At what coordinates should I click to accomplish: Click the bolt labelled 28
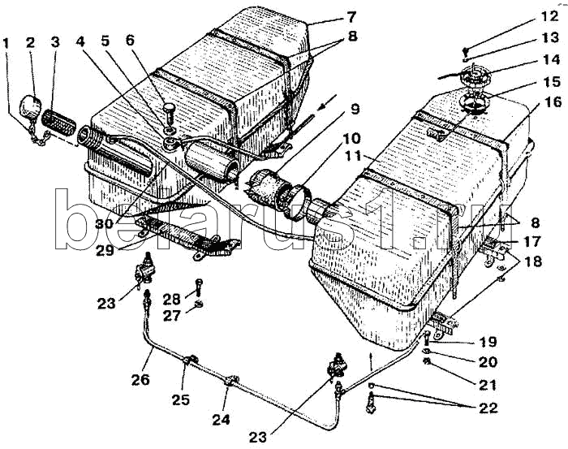pyautogui.click(x=198, y=285)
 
